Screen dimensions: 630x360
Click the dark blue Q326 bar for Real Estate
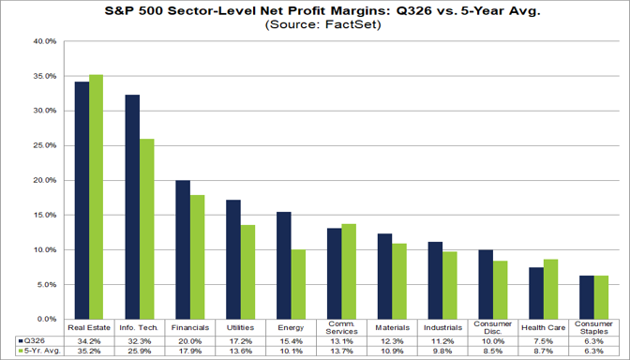82,201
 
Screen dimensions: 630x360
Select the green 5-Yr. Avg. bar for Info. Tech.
146,229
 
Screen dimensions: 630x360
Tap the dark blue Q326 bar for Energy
284,265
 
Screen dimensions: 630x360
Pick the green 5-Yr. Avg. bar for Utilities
247,272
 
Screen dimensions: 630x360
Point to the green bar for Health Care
550,290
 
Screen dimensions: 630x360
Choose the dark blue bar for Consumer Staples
587,297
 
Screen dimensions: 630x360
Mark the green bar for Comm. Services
349,272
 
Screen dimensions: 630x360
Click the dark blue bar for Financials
183,250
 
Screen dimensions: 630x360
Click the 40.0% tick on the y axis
45,41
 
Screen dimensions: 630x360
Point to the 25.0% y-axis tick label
45,145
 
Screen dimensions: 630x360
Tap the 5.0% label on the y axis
47,284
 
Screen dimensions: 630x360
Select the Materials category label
392,328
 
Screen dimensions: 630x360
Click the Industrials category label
442,328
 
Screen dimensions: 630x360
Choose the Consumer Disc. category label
493,328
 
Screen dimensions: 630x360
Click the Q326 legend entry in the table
32,341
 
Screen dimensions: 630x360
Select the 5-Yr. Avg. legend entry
39,351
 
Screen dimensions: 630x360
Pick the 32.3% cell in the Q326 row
140,341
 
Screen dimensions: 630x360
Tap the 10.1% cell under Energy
291,352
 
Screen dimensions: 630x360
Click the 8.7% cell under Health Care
543,352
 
